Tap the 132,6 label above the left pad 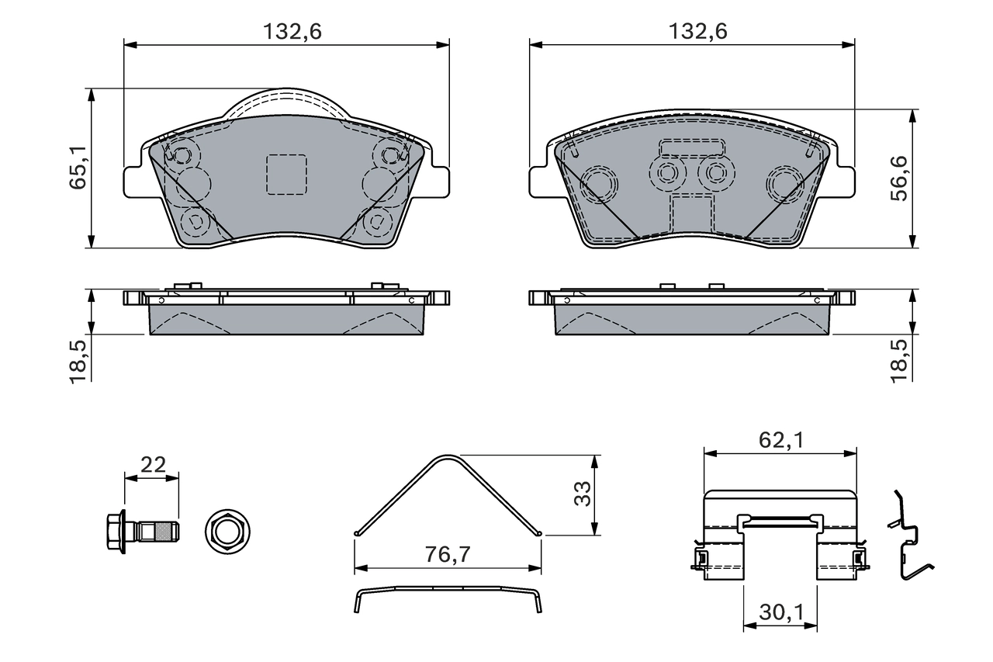click(x=291, y=32)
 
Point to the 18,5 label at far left click(x=78, y=359)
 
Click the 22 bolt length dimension click(x=152, y=465)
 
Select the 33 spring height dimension click(x=582, y=493)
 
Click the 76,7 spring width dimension click(x=448, y=555)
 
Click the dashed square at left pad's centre click(x=286, y=174)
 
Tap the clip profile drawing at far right click(x=910, y=535)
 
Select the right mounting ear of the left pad click(x=437, y=181)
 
